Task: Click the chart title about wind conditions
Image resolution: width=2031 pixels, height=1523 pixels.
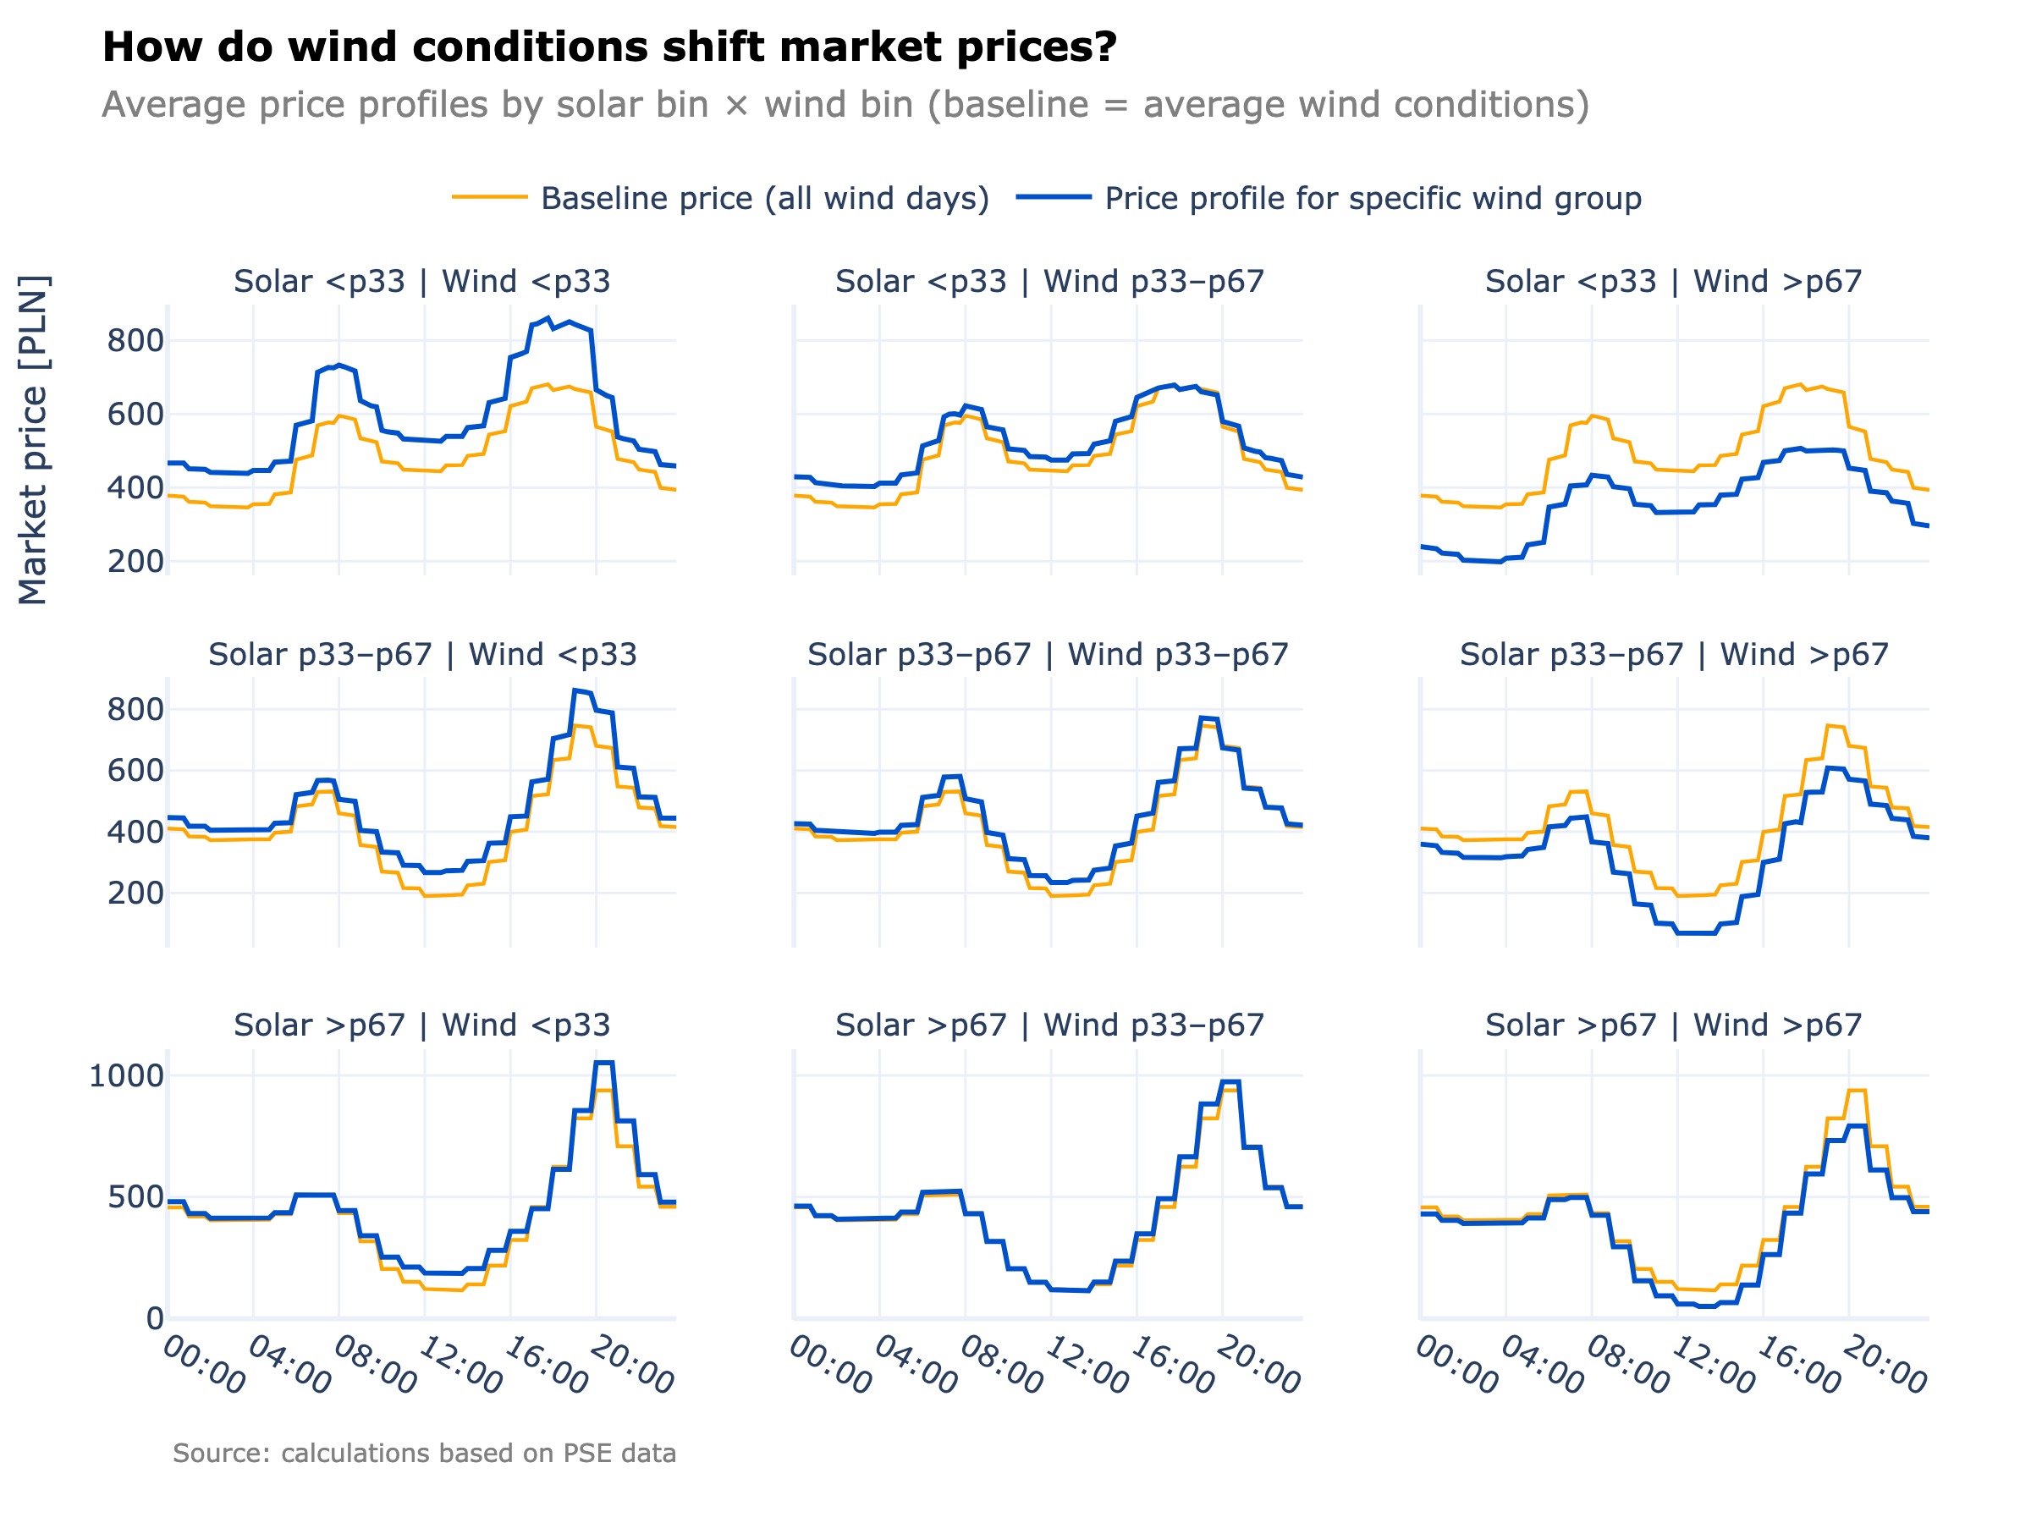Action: coord(608,47)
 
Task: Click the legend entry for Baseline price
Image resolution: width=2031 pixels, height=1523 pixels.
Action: coord(764,198)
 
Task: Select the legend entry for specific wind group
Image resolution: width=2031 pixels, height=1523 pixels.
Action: coord(1372,198)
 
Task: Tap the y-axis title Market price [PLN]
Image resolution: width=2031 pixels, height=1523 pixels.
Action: coord(33,440)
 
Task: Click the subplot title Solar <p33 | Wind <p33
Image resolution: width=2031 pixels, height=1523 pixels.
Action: coord(421,281)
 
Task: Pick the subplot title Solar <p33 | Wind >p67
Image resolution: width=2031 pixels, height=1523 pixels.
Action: coord(1673,281)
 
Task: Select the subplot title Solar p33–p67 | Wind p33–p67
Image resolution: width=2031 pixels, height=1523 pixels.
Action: coord(1048,655)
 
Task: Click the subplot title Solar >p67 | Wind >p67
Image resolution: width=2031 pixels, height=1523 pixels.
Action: coord(1673,1025)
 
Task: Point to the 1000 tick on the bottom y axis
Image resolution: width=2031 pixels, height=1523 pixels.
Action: coord(126,1076)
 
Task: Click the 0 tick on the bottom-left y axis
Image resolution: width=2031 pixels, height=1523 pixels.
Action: coord(154,1319)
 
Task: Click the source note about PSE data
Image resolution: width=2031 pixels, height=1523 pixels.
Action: coord(424,1454)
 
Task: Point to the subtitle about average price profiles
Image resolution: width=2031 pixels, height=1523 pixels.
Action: coord(845,105)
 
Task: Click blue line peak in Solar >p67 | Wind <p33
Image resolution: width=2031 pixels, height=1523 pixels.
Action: coord(603,1062)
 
